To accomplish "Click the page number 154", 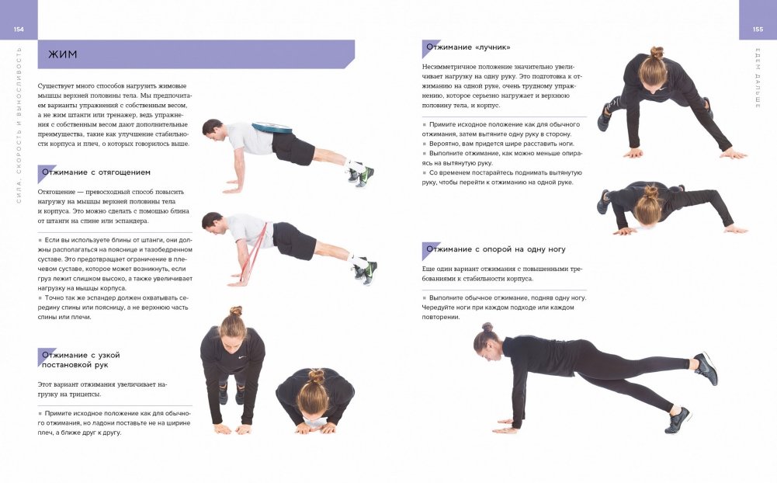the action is click(19, 30).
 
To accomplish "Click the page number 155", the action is click(758, 30).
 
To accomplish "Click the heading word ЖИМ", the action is click(62, 54).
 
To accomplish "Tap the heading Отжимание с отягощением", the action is click(96, 172).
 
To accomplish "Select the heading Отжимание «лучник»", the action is click(468, 47).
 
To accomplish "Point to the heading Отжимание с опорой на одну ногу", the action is click(495, 249).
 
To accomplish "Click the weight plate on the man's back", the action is click(272, 127).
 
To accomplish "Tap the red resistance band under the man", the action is click(253, 253).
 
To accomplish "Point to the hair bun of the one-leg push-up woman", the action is click(487, 327).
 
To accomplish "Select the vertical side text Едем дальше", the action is click(758, 78).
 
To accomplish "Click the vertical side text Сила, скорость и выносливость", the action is click(19, 125).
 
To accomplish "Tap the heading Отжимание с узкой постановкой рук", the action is click(81, 360).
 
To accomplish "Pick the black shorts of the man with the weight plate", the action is click(293, 148).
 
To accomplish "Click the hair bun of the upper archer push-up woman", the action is click(657, 52).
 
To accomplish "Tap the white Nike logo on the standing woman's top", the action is click(242, 357).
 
